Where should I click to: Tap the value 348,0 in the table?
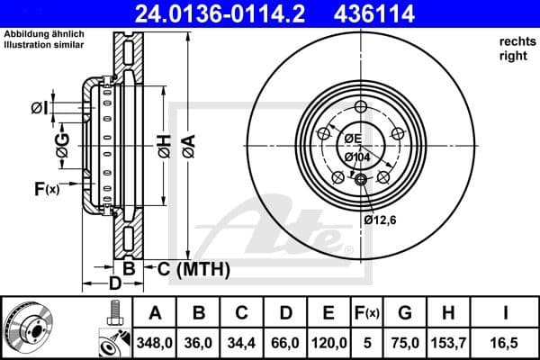point(155,342)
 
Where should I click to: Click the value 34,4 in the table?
point(242,342)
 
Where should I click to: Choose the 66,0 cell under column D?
point(285,342)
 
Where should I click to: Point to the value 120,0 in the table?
point(328,342)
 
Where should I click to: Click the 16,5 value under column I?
point(507,342)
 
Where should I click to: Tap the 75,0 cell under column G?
point(405,342)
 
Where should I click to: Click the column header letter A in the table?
point(155,314)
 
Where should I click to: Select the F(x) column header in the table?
point(367,314)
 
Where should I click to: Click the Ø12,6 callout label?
point(380,220)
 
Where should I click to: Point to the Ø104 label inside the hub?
point(357,157)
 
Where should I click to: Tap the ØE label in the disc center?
point(352,139)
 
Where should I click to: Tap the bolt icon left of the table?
point(112,314)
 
